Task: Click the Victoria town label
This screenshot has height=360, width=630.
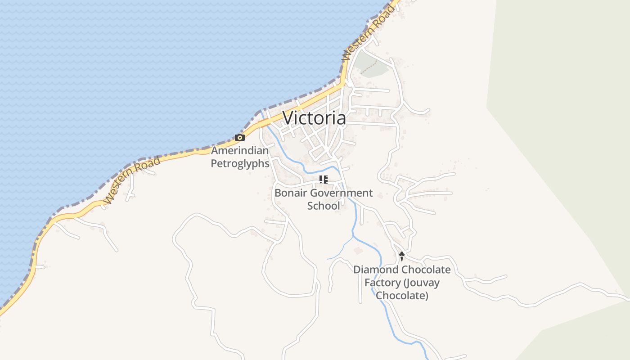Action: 314,118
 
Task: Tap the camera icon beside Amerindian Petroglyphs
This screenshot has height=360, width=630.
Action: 240,138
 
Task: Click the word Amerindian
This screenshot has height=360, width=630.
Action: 240,151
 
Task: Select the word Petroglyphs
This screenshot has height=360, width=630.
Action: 240,163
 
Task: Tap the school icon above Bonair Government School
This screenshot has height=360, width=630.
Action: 323,180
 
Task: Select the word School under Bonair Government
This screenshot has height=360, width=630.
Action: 323,206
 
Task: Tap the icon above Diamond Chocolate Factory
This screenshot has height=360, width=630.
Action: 401,256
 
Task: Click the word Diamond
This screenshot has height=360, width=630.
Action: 376,270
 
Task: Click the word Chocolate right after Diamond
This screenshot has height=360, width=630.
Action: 426,270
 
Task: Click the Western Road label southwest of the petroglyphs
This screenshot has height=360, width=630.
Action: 131,180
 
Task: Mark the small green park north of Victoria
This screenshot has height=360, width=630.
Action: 372,67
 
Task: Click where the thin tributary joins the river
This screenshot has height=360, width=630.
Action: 353,236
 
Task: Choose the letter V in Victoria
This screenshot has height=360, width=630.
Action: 288,118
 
